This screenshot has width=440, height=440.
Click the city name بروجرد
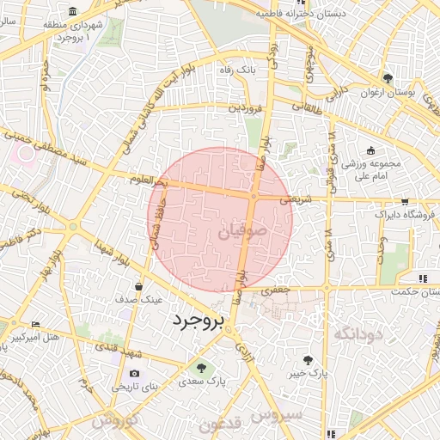pyautogui.click(x=197, y=321)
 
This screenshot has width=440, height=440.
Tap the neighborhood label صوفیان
pyautogui.click(x=250, y=231)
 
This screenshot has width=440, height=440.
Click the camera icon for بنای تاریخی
pyautogui.click(x=134, y=374)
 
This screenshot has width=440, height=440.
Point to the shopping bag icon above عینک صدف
pyautogui.click(x=138, y=286)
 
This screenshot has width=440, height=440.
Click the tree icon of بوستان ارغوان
pyautogui.click(x=388, y=78)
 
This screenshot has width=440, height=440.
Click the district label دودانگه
pyautogui.click(x=356, y=332)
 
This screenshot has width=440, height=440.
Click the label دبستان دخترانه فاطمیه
pyautogui.click(x=321, y=14)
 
